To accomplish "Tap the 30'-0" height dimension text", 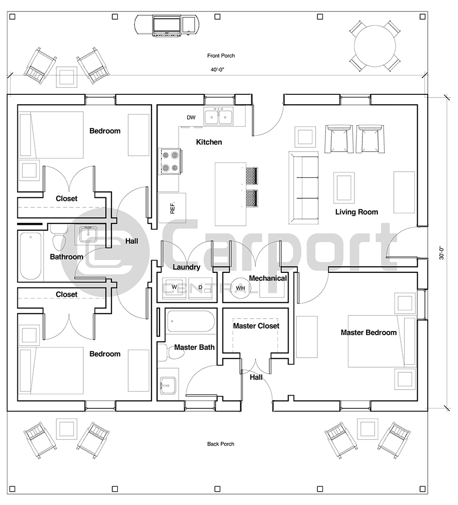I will point(442,253).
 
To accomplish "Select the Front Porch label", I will point(221,56).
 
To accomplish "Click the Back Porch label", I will point(220,444).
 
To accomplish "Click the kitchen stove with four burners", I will point(169,162).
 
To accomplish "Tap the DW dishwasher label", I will point(191,118).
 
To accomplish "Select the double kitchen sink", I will point(218,117).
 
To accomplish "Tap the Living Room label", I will point(356,212).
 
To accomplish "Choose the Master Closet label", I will point(256,326).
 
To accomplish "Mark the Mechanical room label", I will point(268,278).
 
